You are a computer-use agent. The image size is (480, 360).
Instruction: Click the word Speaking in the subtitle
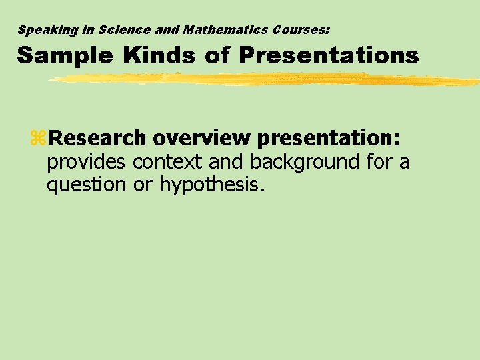coord(43,30)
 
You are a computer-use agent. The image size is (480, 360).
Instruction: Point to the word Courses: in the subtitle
coord(300,30)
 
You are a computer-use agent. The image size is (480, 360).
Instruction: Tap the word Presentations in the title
coord(329,55)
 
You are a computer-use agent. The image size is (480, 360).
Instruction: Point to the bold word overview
coord(201,138)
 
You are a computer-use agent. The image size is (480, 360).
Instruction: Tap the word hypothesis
coord(213,185)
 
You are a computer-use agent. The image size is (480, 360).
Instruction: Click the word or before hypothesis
coord(143,185)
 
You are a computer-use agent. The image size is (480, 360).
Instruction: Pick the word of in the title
coord(217,55)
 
